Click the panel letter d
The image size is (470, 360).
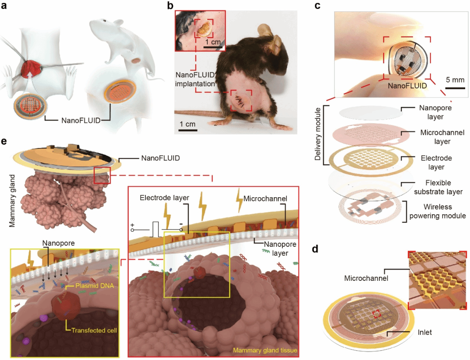pyautogui.click(x=316, y=249)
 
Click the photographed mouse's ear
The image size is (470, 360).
pyautogui.click(x=264, y=31)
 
